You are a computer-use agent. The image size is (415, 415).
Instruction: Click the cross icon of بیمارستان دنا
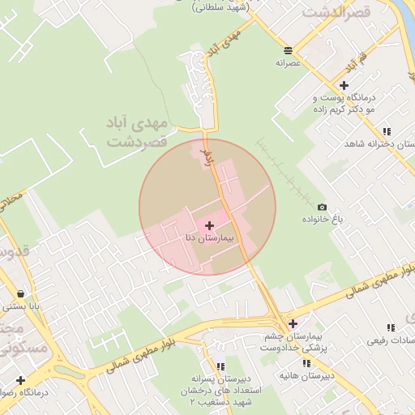click(210, 225)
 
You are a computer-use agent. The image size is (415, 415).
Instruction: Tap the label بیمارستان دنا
click(209, 238)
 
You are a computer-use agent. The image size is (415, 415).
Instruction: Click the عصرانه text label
click(289, 62)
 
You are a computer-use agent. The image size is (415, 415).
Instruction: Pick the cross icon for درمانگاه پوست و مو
click(344, 84)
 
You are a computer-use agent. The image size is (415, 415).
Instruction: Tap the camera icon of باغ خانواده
click(323, 207)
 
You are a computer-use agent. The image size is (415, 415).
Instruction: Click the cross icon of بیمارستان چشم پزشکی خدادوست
click(293, 323)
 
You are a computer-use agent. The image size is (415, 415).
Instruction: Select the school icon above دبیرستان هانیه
click(306, 364)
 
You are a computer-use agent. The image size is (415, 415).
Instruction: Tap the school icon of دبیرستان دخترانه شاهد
click(387, 131)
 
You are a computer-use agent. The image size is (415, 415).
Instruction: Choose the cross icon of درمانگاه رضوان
click(20, 379)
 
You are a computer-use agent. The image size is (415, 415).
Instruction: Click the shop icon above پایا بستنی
click(19, 293)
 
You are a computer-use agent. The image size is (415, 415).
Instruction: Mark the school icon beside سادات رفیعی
click(391, 327)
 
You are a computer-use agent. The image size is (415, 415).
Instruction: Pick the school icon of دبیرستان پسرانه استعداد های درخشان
click(220, 366)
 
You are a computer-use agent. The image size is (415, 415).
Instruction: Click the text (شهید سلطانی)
click(220, 6)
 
